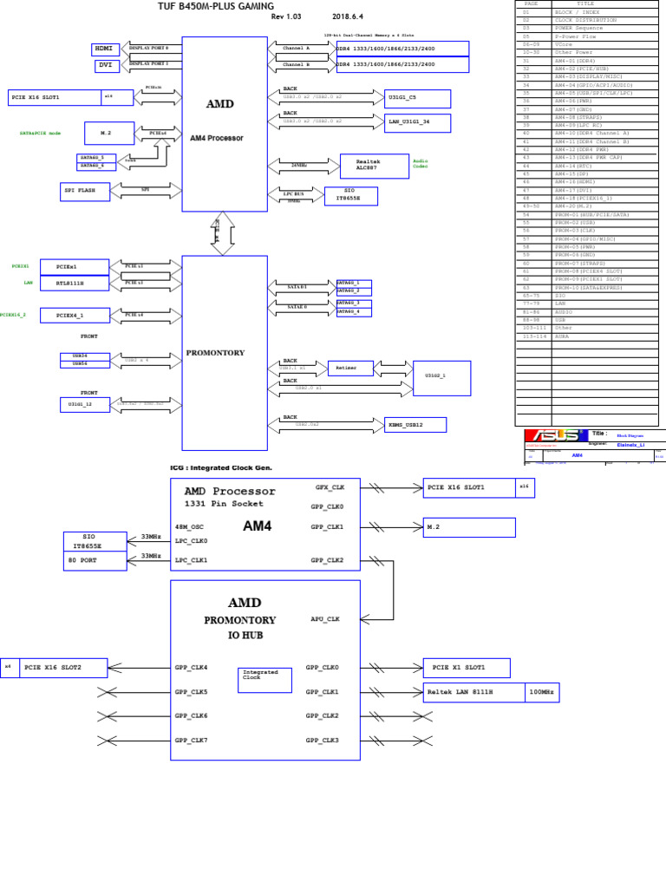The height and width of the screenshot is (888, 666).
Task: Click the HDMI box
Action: (105, 49)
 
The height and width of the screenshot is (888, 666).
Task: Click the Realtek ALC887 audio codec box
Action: (374, 166)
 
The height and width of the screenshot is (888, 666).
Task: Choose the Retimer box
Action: (350, 368)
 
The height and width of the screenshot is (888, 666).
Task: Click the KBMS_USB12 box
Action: (415, 425)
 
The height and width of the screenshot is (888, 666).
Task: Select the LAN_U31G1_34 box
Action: (417, 123)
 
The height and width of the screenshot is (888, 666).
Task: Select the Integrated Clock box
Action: (264, 679)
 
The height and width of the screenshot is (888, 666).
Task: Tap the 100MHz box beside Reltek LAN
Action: (542, 692)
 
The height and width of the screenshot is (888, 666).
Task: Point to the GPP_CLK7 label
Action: (191, 740)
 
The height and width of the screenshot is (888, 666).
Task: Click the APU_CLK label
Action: (325, 619)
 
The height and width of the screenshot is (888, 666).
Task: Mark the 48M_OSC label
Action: (189, 527)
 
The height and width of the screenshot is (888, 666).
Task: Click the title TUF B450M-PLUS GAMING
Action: (215, 6)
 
